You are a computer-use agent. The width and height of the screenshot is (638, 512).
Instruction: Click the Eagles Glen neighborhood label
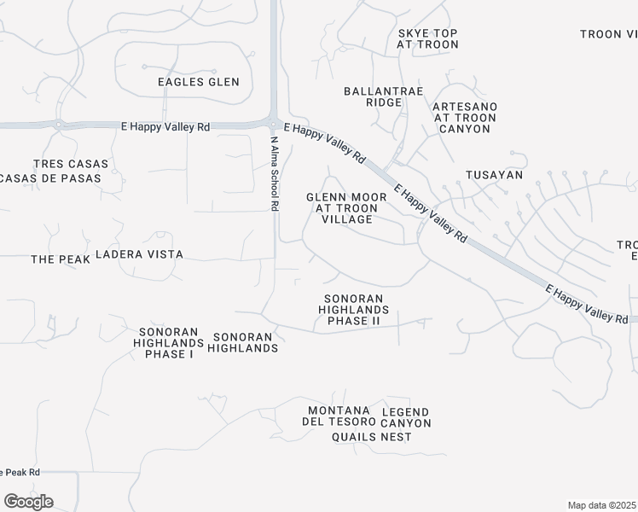[x=199, y=82]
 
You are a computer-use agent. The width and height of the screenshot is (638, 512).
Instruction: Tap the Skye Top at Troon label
[x=427, y=40]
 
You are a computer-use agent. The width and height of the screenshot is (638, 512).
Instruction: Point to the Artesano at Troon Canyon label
[x=465, y=117]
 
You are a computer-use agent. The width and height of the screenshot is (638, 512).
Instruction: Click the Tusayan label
[x=494, y=174]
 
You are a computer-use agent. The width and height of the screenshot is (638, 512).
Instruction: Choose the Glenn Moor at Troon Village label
[x=346, y=207]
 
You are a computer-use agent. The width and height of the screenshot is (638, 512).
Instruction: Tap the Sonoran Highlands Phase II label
[x=356, y=310]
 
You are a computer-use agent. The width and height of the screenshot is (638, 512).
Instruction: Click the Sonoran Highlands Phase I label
[x=165, y=342]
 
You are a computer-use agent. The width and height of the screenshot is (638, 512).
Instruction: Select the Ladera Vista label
[x=151, y=254]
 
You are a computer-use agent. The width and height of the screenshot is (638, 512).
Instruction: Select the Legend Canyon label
[x=406, y=417]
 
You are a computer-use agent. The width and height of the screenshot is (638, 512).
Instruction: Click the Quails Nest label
[x=372, y=437]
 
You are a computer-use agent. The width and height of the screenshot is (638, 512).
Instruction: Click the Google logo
[x=28, y=502]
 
